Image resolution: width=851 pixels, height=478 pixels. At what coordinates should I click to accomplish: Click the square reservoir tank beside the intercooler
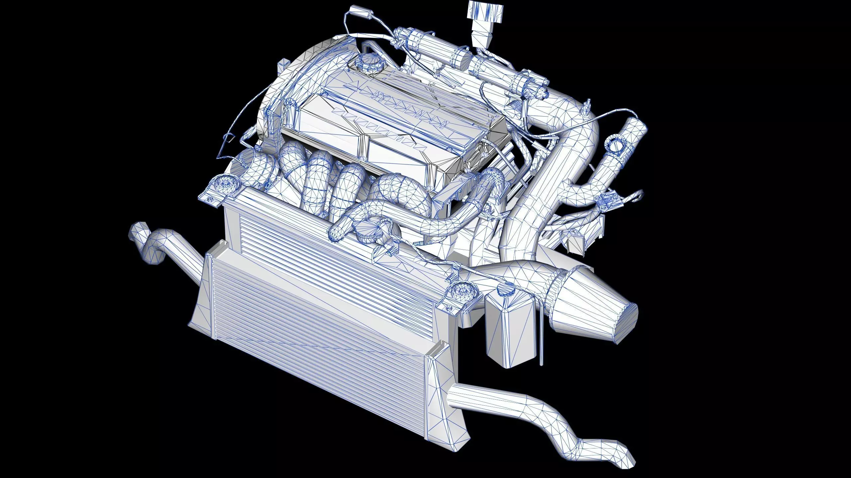coord(510,329)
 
